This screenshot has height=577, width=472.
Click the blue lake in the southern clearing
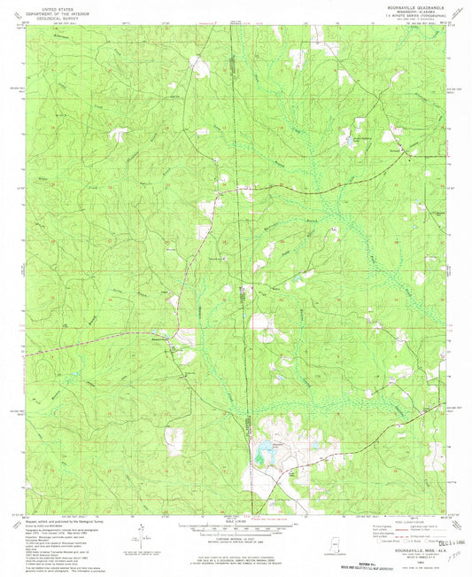pyautogui.click(x=264, y=457)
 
